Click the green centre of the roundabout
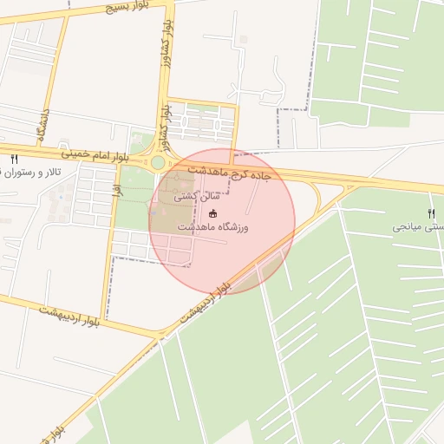[158, 162]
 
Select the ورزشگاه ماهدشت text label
[213, 227]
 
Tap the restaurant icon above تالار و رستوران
[14, 159]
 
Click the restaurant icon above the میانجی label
[432, 213]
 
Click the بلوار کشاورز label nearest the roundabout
[163, 121]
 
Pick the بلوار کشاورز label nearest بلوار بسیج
[161, 55]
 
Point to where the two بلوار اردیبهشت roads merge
[161, 335]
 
